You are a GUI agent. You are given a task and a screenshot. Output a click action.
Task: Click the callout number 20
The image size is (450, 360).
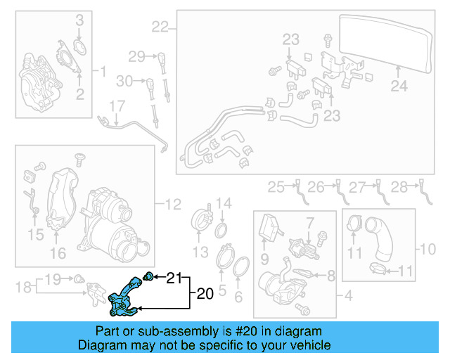tap(204, 294)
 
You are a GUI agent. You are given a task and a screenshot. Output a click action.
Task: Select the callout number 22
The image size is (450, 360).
tap(160, 28)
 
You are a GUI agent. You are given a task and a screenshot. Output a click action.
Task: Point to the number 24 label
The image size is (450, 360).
tap(399, 86)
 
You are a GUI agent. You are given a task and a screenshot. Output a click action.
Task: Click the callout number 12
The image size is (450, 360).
tap(173, 205)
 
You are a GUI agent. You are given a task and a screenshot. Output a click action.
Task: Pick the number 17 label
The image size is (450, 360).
tap(116, 105)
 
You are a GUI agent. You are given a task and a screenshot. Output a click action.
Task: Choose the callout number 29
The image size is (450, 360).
tap(136, 56)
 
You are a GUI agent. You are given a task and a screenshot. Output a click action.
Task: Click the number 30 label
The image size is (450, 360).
tap(124, 82)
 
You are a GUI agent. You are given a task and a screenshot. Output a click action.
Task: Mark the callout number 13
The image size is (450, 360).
tap(201, 251)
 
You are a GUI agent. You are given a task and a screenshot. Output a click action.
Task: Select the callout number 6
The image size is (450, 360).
tap(238, 297)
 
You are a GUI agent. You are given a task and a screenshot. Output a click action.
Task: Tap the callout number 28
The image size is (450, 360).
tap(399, 187)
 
